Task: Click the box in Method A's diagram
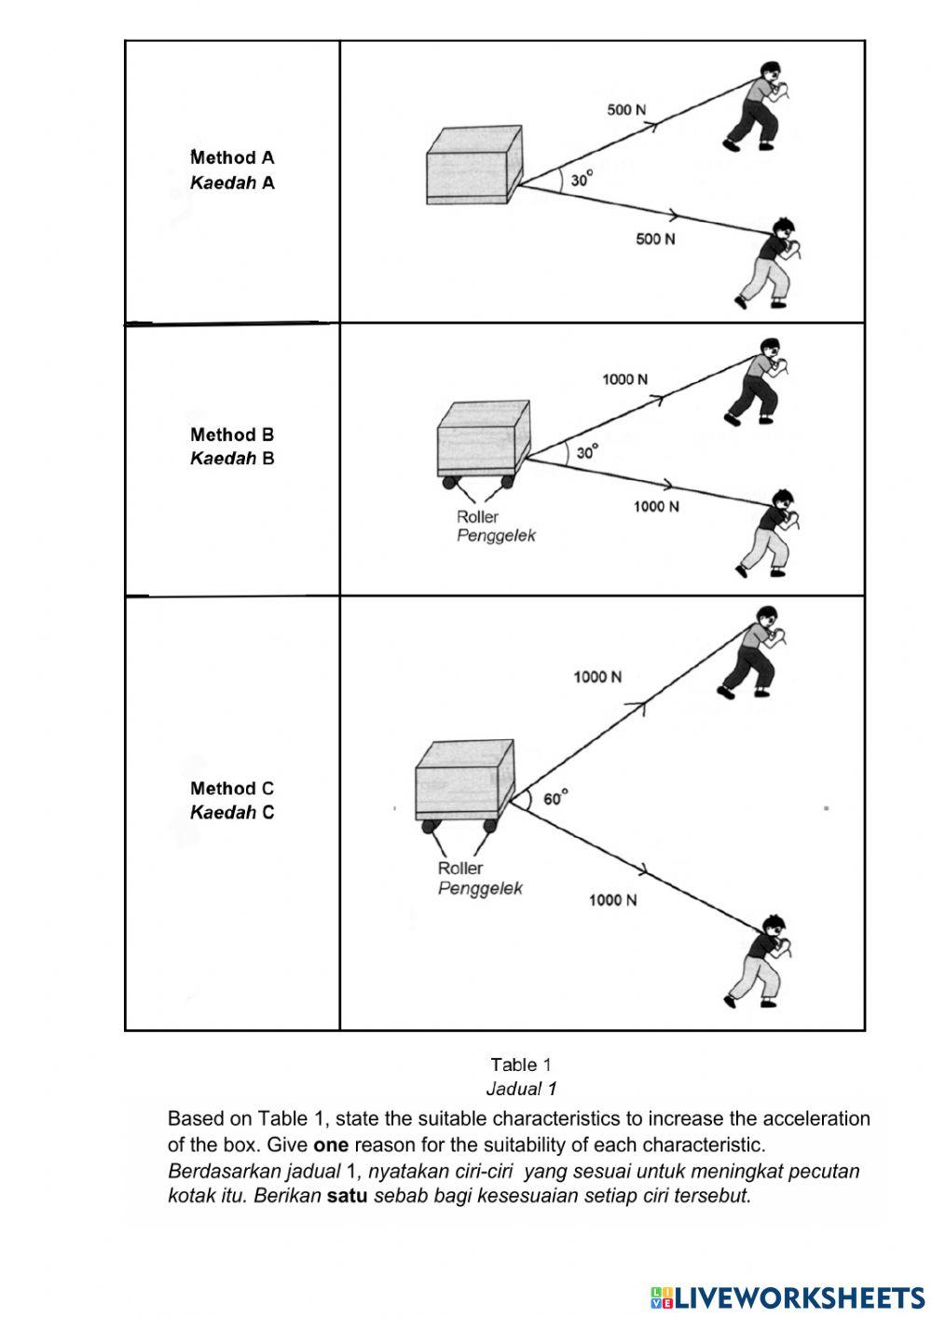(473, 166)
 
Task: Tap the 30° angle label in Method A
(582, 179)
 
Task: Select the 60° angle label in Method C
(555, 799)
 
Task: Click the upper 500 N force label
(626, 110)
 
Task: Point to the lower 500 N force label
(655, 240)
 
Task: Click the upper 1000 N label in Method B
(624, 379)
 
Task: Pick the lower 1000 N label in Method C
(612, 899)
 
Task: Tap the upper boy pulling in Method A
(757, 104)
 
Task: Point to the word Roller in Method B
(477, 516)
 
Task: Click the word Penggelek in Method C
(480, 888)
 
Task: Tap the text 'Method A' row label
(232, 158)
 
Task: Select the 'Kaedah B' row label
(232, 458)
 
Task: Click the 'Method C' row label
(232, 789)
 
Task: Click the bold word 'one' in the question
(331, 1145)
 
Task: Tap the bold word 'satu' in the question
(347, 1196)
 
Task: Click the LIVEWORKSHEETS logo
(788, 1296)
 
